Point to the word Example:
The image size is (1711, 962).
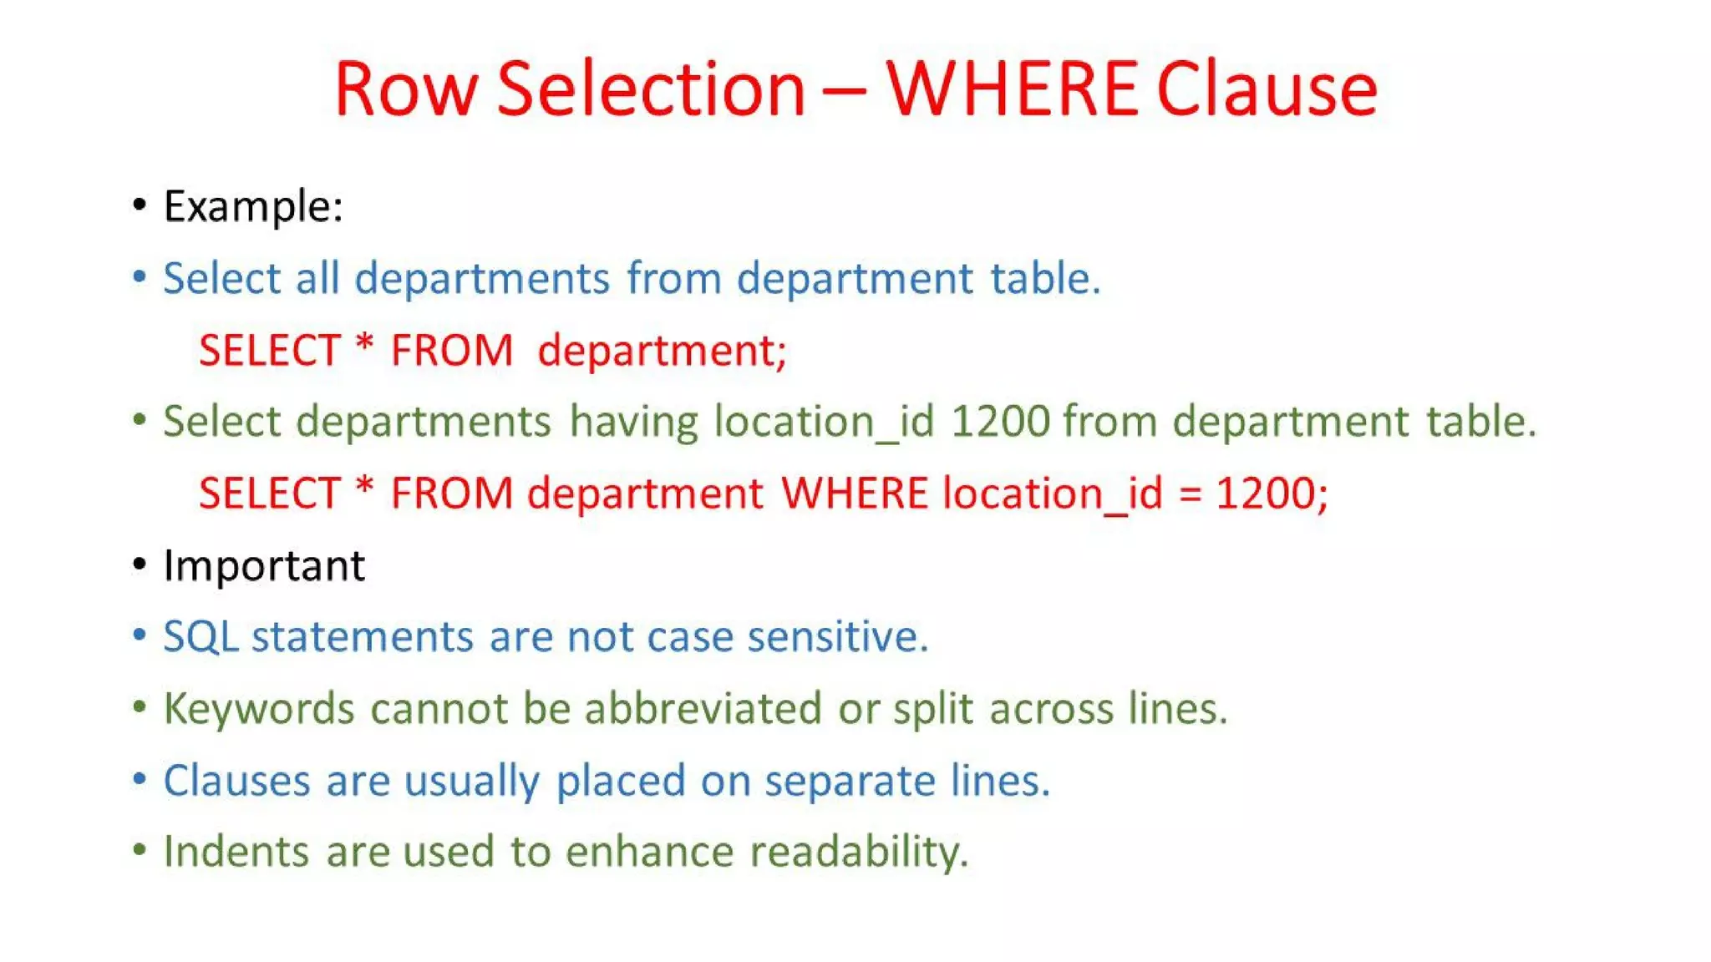point(253,206)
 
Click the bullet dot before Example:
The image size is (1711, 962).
point(140,205)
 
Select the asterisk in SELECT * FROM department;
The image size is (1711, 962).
point(364,344)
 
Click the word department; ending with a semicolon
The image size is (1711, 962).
point(662,350)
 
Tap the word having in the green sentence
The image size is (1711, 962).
point(633,421)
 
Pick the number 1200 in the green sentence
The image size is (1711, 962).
point(1000,421)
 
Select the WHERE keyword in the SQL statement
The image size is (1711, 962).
point(855,493)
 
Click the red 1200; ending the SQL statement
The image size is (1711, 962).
point(1272,493)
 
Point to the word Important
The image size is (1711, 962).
point(264,565)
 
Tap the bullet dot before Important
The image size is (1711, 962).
point(140,565)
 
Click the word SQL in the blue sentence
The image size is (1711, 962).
point(201,637)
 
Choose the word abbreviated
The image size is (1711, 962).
point(703,709)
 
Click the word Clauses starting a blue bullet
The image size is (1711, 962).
point(236,781)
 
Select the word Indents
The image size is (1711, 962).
point(236,852)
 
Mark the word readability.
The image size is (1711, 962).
point(859,853)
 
